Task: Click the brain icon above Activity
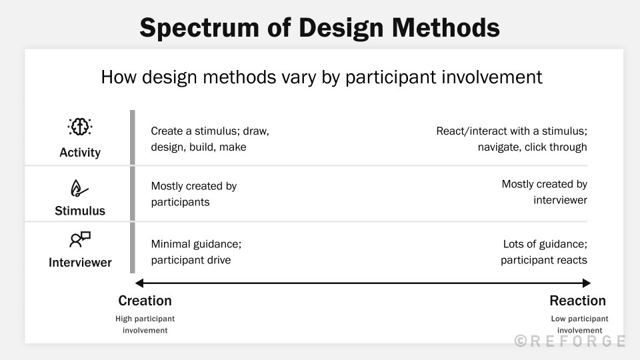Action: (79, 127)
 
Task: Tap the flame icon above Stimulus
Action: (79, 189)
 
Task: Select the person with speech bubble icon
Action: (79, 239)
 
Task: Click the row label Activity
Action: (80, 152)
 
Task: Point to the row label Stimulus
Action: (80, 211)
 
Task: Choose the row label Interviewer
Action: (80, 263)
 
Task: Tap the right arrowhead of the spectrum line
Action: (587, 283)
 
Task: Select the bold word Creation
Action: (145, 301)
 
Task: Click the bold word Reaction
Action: (577, 301)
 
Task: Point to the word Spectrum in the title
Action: (199, 29)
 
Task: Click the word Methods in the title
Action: (446, 28)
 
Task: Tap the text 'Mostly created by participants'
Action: (194, 194)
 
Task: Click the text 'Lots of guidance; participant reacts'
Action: (544, 252)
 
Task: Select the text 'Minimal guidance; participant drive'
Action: (196, 252)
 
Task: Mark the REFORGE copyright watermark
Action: (570, 341)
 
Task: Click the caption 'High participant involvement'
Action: (145, 325)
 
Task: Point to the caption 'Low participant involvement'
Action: (579, 325)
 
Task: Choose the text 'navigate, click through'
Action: (532, 147)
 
